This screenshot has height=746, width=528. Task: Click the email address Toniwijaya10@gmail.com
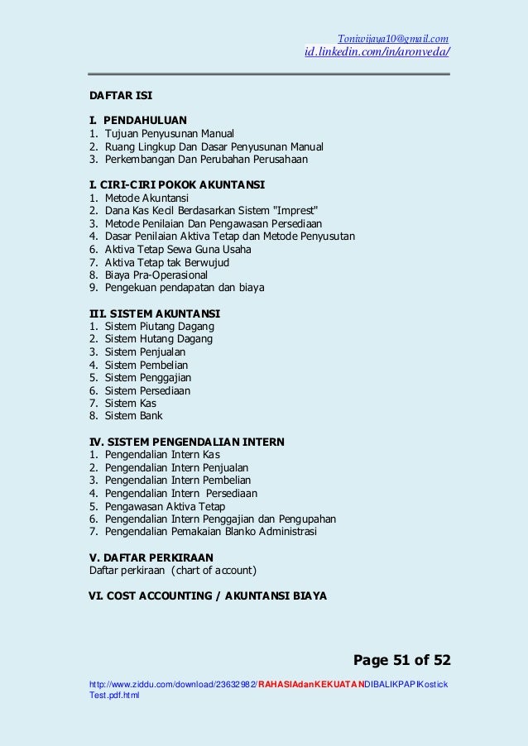coord(393,38)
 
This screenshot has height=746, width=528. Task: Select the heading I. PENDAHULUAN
coord(138,120)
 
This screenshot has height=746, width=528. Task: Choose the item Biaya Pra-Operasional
coord(156,275)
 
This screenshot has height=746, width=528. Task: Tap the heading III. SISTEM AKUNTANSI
coord(155,313)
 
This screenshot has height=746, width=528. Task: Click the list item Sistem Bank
coord(133,416)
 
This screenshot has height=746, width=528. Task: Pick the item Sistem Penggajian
coord(147,377)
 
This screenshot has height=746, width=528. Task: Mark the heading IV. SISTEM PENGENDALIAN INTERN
coord(186,442)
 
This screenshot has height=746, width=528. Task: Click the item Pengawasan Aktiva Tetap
coord(165,506)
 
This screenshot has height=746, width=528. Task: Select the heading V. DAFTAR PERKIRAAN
coord(151,557)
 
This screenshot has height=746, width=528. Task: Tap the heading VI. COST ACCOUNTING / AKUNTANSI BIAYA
coord(208,595)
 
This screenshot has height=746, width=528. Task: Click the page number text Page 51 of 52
coord(401,660)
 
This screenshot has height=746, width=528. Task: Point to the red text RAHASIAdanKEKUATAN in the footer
coord(312,685)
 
